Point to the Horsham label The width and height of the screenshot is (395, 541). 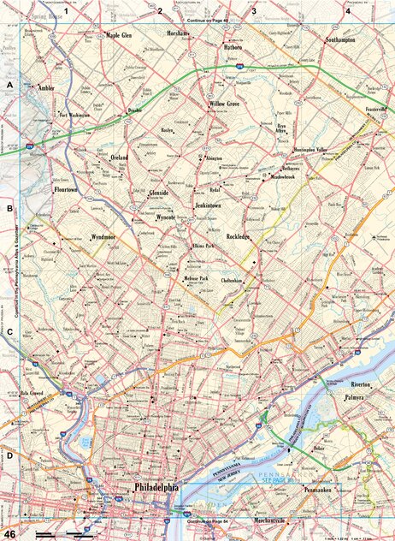coord(180,33)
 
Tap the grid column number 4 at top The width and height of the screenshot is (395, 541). coord(347,10)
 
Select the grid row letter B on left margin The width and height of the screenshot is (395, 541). coord(9,208)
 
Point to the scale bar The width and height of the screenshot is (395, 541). coord(65,534)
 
